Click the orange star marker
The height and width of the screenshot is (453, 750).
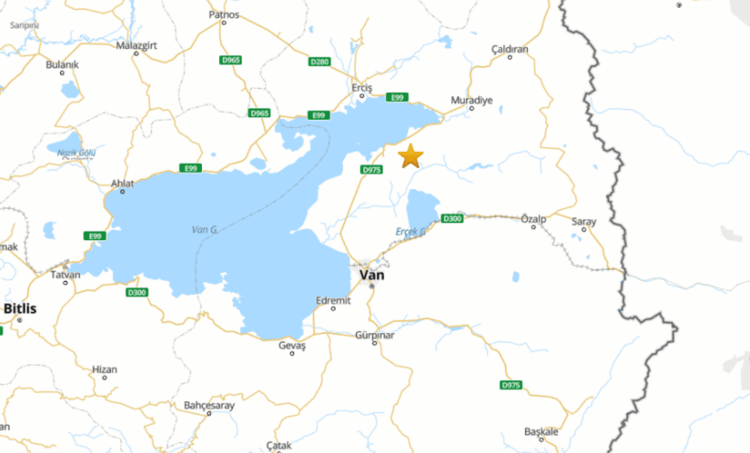411,156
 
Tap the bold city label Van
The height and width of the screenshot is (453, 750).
371,275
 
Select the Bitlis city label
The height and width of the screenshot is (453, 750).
20,308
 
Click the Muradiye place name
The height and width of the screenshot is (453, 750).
472,100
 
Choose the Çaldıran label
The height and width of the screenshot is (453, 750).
510,49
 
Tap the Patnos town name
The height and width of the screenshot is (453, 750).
224,14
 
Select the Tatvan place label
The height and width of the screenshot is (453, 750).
65,274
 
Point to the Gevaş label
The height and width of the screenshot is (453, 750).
292,345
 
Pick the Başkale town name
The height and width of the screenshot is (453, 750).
541,432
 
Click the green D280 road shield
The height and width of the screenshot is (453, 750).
320,62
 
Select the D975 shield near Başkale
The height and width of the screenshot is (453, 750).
511,385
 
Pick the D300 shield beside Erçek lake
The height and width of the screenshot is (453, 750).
452,218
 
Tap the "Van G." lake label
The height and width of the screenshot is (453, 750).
205,229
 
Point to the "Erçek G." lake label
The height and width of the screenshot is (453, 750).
411,231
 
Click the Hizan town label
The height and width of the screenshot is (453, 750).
105,370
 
